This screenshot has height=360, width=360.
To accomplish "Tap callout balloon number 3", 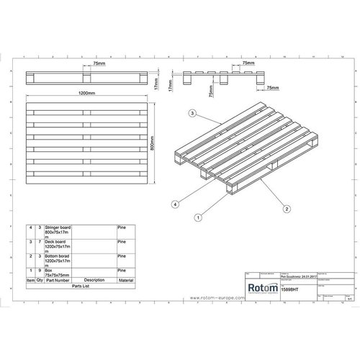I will [x=192, y=114].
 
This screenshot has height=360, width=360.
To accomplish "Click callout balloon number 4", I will [x=174, y=205].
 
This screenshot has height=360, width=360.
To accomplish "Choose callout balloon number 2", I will [x=286, y=209].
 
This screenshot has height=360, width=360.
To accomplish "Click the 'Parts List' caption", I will [x=81, y=286].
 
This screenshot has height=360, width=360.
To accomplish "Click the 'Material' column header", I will [x=127, y=280].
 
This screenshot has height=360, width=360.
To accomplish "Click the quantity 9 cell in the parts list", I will [x=40, y=269].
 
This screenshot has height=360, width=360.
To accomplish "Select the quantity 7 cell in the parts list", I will [x=40, y=241].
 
